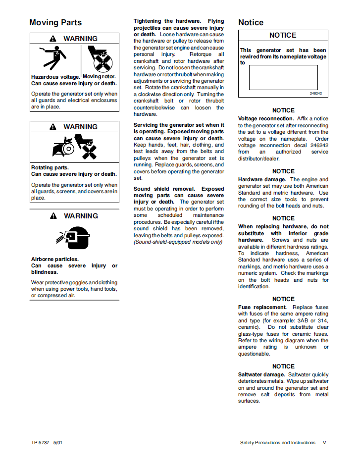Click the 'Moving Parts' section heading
pos(55,23)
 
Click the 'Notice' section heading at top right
pos(251,23)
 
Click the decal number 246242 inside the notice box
pos(315,93)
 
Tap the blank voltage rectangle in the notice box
pos(283,77)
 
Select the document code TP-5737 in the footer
pos(40,443)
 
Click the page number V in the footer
pos(324,443)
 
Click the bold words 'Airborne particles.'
pos(55,259)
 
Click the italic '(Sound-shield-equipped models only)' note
pos(178,242)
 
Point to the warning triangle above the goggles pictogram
pos(53,216)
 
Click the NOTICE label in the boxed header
pos(283,36)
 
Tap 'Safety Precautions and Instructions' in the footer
pos(277,443)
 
